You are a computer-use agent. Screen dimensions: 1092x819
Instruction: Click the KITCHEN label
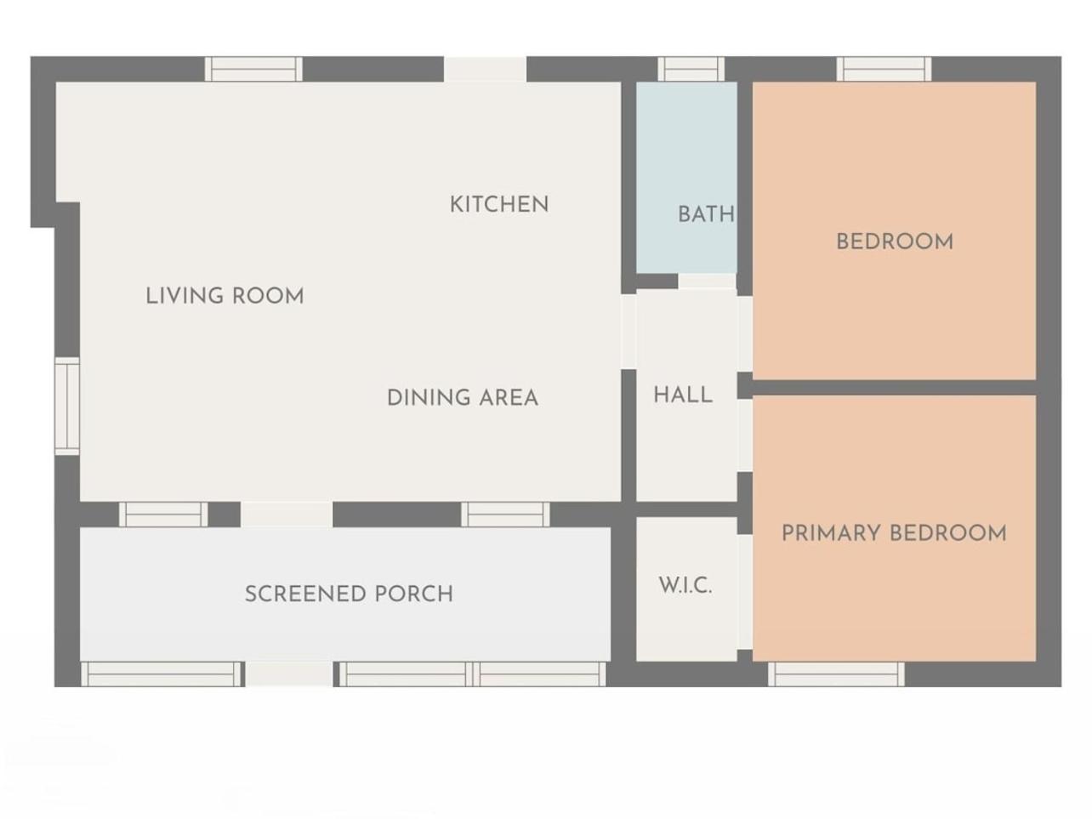click(499, 205)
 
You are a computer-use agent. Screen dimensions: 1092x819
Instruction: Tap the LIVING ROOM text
click(225, 296)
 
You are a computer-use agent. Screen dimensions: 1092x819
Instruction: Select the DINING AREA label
click(463, 398)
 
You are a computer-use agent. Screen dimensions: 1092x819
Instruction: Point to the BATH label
click(706, 215)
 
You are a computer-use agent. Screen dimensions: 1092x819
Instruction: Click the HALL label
click(683, 395)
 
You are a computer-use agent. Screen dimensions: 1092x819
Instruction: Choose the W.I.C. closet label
click(685, 586)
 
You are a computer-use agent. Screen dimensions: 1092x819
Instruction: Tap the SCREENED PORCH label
click(349, 594)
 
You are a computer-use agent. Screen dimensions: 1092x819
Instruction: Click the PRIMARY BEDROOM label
click(894, 533)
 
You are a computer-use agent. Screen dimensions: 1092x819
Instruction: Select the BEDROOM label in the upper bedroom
click(895, 242)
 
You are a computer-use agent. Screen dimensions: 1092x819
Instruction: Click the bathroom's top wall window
click(691, 69)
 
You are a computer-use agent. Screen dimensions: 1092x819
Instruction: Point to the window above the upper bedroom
click(884, 69)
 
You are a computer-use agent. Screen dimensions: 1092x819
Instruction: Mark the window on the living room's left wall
click(67, 406)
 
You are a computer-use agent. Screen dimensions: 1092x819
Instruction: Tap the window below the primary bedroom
click(836, 674)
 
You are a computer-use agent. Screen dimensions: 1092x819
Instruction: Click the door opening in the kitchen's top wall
click(485, 69)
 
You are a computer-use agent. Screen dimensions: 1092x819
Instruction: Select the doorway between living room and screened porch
click(287, 515)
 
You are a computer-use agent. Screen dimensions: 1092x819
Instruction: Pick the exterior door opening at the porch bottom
click(289, 674)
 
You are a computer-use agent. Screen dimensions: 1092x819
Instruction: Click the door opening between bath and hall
click(707, 281)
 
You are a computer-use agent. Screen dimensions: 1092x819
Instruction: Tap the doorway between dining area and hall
click(628, 332)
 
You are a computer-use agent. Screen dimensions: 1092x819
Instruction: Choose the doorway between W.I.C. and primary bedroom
click(745, 592)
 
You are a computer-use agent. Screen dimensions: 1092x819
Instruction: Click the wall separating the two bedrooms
click(894, 388)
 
